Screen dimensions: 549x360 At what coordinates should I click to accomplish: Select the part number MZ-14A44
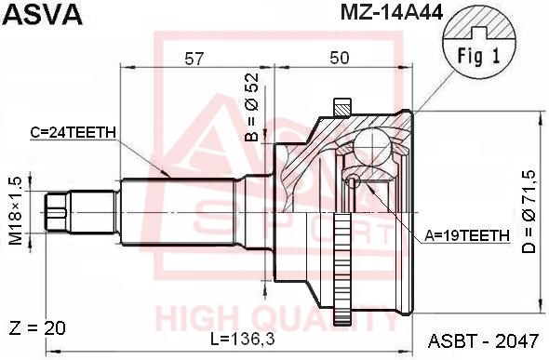coord(392,13)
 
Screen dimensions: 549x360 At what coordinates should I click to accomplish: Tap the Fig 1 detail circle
coord(479,44)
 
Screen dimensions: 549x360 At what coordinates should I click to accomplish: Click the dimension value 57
coord(194,59)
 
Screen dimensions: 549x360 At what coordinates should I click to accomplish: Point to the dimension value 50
coord(340,58)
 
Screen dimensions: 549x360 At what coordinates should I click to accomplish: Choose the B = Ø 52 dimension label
coord(252,107)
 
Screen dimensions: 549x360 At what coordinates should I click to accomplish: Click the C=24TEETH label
coord(73,132)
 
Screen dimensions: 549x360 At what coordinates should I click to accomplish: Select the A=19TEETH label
coord(467,235)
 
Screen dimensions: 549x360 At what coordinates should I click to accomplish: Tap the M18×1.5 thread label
coord(16,211)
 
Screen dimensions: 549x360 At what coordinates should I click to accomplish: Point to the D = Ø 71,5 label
coord(529,212)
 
